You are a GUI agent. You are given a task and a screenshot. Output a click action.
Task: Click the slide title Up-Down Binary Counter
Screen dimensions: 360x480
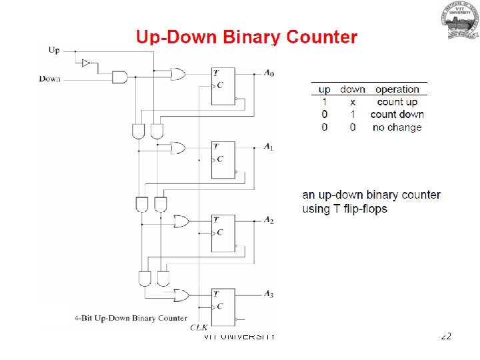click(247, 37)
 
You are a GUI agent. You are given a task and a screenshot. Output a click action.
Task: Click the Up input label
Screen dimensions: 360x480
click(54, 50)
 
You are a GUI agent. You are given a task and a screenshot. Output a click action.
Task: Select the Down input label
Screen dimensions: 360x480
click(50, 79)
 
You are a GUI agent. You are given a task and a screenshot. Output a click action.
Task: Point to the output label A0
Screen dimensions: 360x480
click(268, 73)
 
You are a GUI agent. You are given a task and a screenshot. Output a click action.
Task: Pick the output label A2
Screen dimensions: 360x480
click(268, 220)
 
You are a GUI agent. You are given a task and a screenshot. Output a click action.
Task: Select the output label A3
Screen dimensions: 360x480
click(268, 294)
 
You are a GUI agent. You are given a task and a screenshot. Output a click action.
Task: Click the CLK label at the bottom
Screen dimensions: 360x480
click(199, 327)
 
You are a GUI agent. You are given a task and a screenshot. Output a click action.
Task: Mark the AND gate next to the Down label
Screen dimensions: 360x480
click(120, 77)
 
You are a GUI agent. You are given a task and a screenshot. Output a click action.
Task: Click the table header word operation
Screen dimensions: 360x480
click(397, 89)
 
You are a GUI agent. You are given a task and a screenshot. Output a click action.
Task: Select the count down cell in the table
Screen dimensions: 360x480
click(397, 115)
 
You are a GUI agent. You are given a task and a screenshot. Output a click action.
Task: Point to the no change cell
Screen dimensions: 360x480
click(397, 127)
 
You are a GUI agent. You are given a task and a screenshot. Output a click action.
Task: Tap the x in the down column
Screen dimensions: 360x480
click(353, 102)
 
